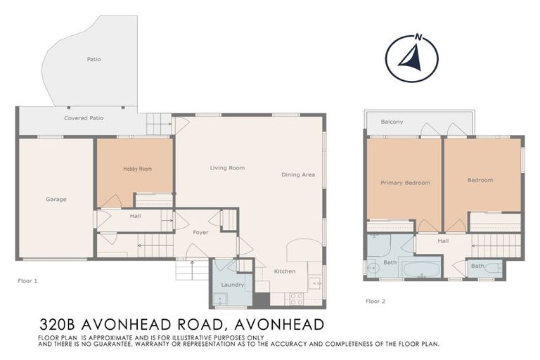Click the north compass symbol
[412, 58]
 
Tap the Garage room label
[56, 200]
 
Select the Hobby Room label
[137, 169]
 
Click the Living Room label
[227, 168]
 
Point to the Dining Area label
[298, 175]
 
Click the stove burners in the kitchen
[297, 298]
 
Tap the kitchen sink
[314, 284]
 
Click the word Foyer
[201, 232]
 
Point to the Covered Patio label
[84, 118]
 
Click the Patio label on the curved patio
[94, 60]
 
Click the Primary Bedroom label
[405, 183]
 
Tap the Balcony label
[392, 122]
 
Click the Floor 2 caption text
[376, 301]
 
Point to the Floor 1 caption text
[27, 281]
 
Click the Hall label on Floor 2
[443, 241]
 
